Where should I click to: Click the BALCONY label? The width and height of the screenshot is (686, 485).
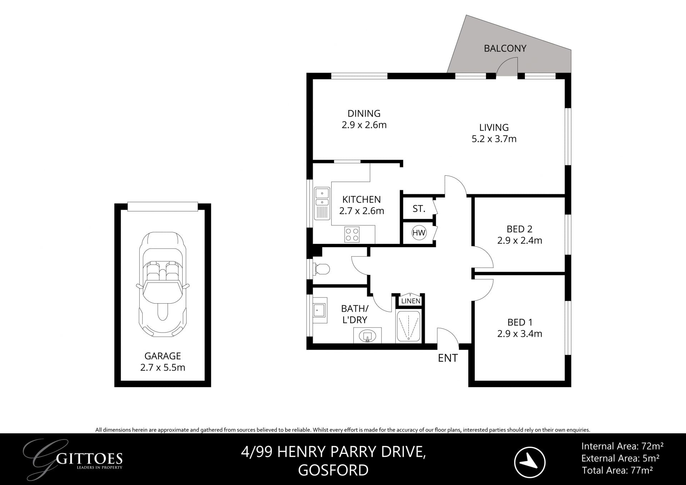pyautogui.click(x=505, y=48)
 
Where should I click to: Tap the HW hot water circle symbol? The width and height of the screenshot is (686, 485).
pyautogui.click(x=419, y=233)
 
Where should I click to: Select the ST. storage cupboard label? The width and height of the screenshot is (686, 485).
pyautogui.click(x=419, y=209)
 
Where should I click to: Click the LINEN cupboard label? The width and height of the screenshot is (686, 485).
pyautogui.click(x=411, y=301)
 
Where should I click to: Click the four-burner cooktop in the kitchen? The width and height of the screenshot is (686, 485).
pyautogui.click(x=352, y=235)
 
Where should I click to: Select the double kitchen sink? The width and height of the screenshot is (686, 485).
pyautogui.click(x=322, y=203)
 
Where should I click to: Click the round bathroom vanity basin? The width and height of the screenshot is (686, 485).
pyautogui.click(x=367, y=336)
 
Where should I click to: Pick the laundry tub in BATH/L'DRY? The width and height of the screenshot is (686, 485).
pyautogui.click(x=319, y=310)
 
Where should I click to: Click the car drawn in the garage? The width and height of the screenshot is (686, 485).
pyautogui.click(x=163, y=284)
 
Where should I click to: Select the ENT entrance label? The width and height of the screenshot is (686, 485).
pyautogui.click(x=448, y=358)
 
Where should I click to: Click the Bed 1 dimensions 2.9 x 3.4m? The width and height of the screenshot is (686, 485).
pyautogui.click(x=520, y=334)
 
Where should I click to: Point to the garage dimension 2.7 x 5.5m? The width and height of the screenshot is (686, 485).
pyautogui.click(x=163, y=367)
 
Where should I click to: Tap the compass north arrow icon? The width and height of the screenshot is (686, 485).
pyautogui.click(x=530, y=462)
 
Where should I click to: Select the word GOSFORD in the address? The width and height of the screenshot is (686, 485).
pyautogui.click(x=333, y=470)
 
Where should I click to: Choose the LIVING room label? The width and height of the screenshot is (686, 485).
pyautogui.click(x=494, y=127)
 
